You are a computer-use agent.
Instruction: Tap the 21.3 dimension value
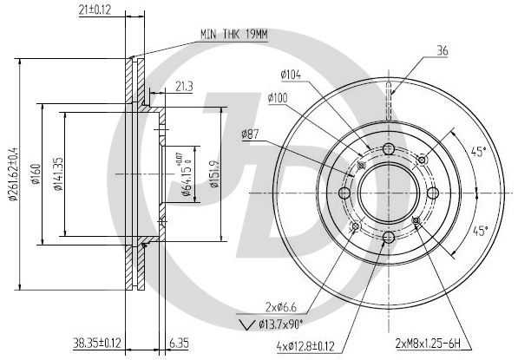point(183,86)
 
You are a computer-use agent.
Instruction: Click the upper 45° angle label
point(477,151)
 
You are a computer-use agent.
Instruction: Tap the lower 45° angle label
point(479,230)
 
